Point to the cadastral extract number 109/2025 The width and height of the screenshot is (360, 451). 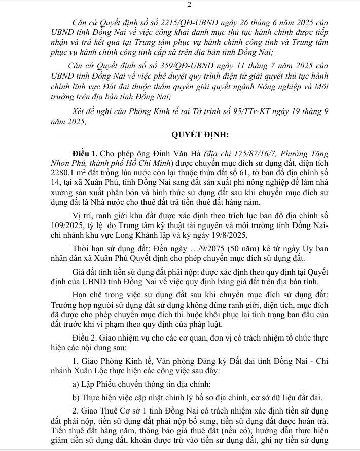coord(66,227)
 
